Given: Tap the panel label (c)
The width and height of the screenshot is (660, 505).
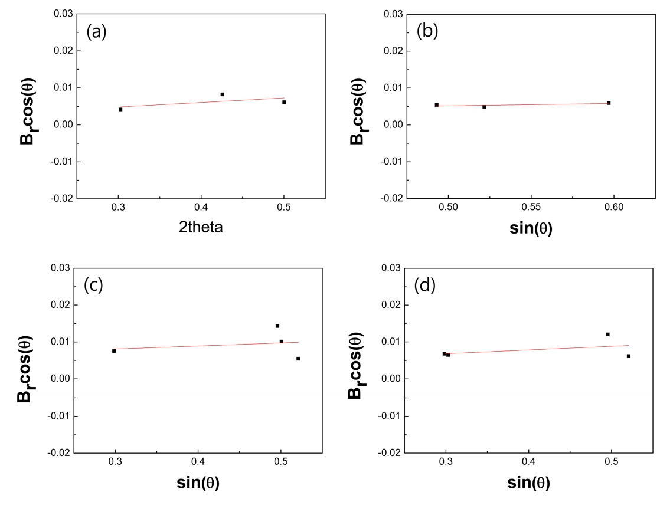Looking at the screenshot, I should point(93,285).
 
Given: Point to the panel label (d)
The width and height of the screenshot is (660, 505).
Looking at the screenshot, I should point(425,286).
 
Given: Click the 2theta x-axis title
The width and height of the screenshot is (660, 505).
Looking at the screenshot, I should point(201,227).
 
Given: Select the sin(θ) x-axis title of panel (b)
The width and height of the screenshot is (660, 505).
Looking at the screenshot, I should point(531,228).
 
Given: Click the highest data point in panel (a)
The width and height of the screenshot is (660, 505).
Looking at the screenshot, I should point(223,94).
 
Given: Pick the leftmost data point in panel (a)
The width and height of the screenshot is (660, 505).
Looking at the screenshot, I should point(120,109).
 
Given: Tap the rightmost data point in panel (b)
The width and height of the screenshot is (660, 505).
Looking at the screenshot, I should point(609,103).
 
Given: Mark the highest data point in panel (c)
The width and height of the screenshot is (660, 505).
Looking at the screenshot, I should point(277,326).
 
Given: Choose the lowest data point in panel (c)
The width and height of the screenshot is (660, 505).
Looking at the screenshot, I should point(298,359).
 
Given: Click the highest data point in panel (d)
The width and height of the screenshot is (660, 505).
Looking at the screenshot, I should point(607,334).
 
